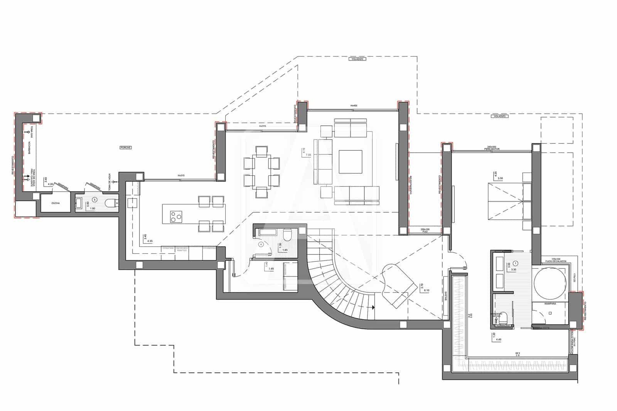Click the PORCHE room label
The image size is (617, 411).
126,148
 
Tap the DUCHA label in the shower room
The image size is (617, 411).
55,203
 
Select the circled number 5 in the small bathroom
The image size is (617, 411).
94,200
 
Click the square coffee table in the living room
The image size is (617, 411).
350,162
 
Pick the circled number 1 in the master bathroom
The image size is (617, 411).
516,263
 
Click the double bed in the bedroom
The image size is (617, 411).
506,202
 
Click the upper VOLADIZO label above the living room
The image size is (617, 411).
356,59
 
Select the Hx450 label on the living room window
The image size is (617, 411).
354,105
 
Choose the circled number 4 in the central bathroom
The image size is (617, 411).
261,244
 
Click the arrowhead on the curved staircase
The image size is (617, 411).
373,307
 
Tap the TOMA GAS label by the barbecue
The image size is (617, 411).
31,134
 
